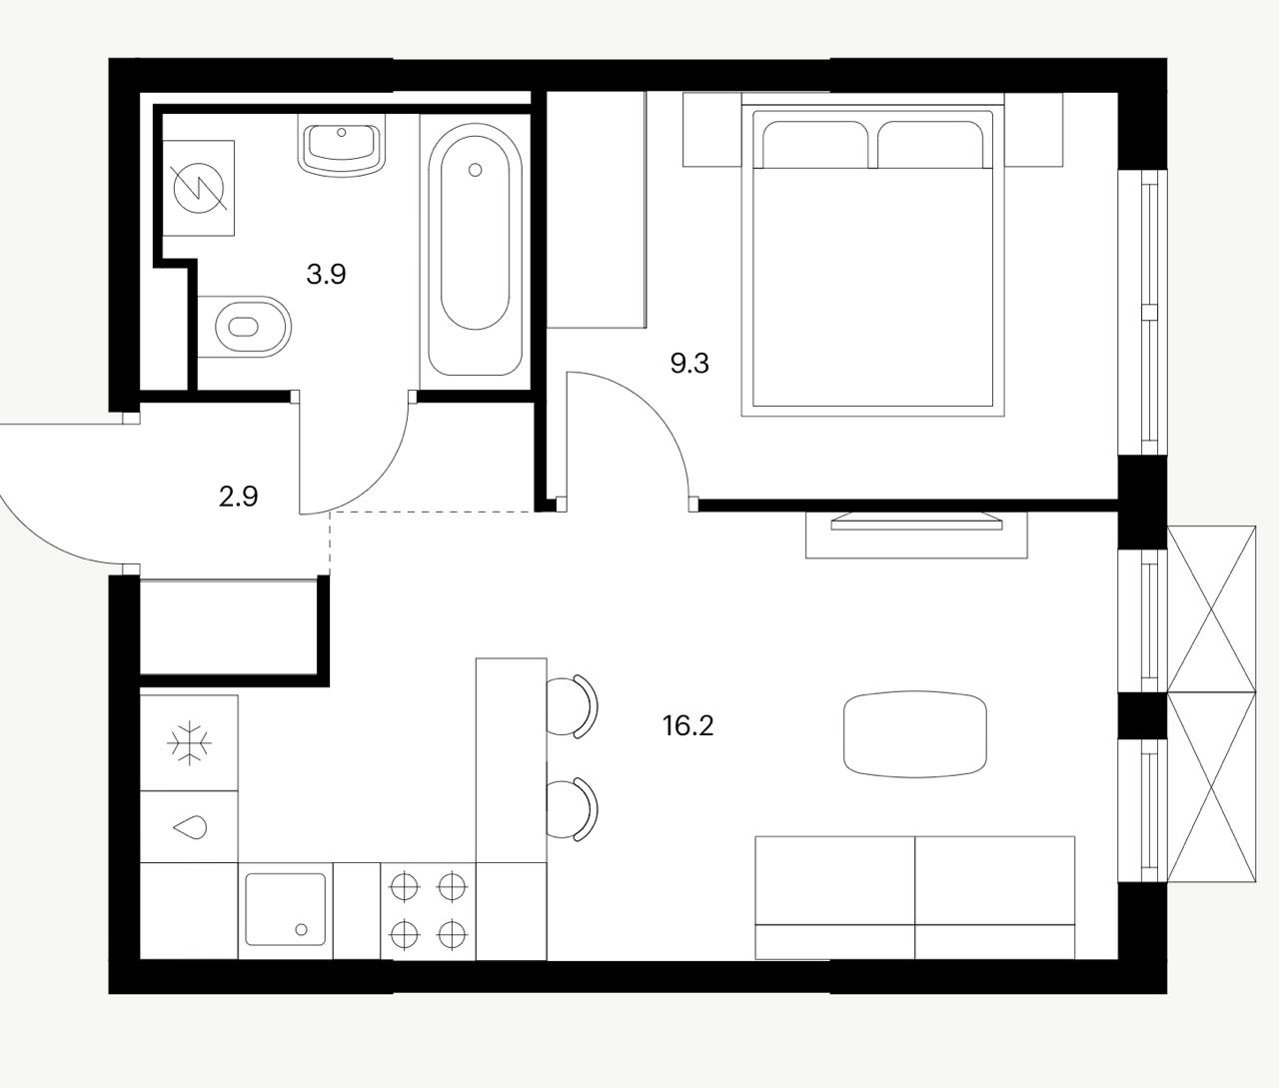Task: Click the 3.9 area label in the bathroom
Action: point(326,274)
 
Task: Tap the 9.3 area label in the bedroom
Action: point(689,363)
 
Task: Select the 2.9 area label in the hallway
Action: point(238,497)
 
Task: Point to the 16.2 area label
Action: point(688,725)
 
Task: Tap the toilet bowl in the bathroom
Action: point(245,327)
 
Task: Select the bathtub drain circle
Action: point(476,170)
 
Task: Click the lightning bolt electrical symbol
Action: point(199,188)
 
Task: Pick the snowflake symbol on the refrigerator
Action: point(189,742)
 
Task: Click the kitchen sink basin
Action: point(285,908)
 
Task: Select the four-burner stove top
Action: point(429,911)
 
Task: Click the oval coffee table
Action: point(915,734)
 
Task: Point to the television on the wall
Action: point(915,522)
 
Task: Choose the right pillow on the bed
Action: point(930,144)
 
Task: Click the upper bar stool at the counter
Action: point(573,706)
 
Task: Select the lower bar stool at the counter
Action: point(573,809)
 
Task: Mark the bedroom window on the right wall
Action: point(1143,313)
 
